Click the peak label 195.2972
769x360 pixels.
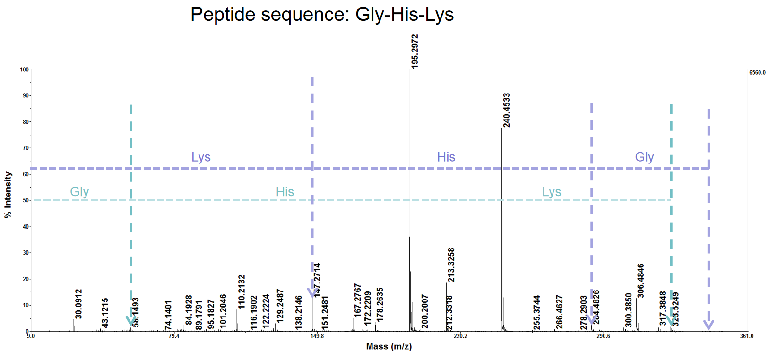pyautogui.click(x=415, y=51)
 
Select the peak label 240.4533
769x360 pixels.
pyautogui.click(x=506, y=110)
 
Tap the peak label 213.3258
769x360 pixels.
pyautogui.click(x=451, y=265)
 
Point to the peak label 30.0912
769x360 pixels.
pyautogui.click(x=78, y=304)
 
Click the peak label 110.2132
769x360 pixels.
pyautogui.click(x=242, y=292)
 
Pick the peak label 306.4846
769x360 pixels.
pyautogui.click(x=640, y=280)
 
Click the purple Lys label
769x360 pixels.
pyautogui.click(x=201, y=157)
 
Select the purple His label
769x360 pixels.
pyautogui.click(x=446, y=157)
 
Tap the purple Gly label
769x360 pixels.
pyautogui.click(x=644, y=157)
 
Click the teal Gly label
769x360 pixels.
pyautogui.click(x=79, y=192)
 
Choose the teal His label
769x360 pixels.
pyautogui.click(x=285, y=192)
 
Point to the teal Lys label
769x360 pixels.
pyautogui.click(x=552, y=192)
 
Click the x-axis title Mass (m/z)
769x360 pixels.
pyautogui.click(x=389, y=347)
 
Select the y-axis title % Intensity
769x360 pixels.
pyautogui.click(x=8, y=195)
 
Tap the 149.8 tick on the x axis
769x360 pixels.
pyautogui.click(x=317, y=336)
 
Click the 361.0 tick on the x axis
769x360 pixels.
pyautogui.click(x=747, y=336)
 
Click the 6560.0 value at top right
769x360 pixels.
pyautogui.click(x=757, y=73)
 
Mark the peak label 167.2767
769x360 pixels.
pyautogui.click(x=358, y=300)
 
